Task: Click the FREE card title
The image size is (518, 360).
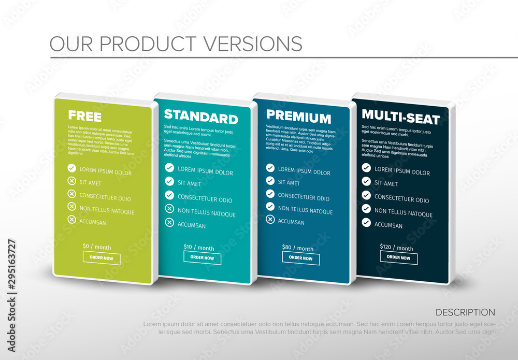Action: pos(85,116)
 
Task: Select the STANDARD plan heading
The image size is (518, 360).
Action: pos(201,117)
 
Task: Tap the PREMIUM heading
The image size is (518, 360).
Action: pos(298,118)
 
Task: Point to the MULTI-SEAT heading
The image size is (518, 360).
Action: pos(400,117)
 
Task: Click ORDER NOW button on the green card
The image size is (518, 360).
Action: pos(102,258)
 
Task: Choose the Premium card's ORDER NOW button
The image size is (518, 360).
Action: pos(300,258)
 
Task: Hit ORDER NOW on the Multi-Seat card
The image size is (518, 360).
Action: pos(398,257)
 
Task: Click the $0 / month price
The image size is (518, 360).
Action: pos(97,247)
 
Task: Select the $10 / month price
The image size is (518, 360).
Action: pos(198,248)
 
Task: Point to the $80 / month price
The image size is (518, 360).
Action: pos(298,248)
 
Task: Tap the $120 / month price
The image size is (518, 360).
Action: pos(396,248)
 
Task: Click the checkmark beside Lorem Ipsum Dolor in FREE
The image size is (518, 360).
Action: pos(71,168)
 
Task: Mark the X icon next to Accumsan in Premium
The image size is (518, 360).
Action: pos(270,219)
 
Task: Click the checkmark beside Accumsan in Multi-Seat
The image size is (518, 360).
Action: pos(366,222)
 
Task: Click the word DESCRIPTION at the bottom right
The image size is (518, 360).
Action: pos(465,312)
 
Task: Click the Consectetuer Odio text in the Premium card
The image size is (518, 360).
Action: pos(304,197)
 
